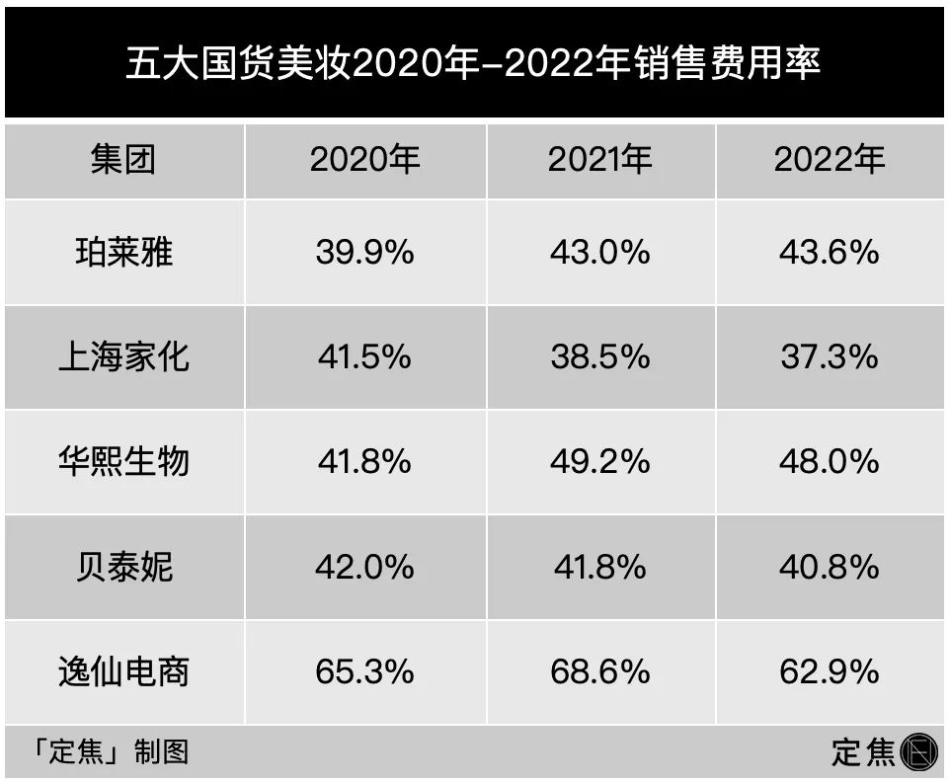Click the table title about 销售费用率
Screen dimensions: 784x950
474,65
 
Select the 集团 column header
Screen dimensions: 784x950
123,159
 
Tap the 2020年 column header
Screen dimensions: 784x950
365,159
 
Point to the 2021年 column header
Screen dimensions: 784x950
600,159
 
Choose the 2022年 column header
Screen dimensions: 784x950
830,159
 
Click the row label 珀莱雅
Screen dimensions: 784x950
123,252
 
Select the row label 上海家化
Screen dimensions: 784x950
123,356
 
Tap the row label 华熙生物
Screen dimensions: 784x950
123,461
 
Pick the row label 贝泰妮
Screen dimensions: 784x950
123,567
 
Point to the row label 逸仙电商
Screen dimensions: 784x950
123,671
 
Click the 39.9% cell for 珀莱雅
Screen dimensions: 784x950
364,252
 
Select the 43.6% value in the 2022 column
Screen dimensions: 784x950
830,252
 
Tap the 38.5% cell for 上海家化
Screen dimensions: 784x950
600,356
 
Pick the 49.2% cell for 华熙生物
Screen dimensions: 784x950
600,461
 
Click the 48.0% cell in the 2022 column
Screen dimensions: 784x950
830,461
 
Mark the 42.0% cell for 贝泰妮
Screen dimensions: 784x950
364,567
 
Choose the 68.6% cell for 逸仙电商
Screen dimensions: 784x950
600,671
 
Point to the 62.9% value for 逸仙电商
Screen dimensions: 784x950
830,671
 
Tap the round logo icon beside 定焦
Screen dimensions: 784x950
917,752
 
